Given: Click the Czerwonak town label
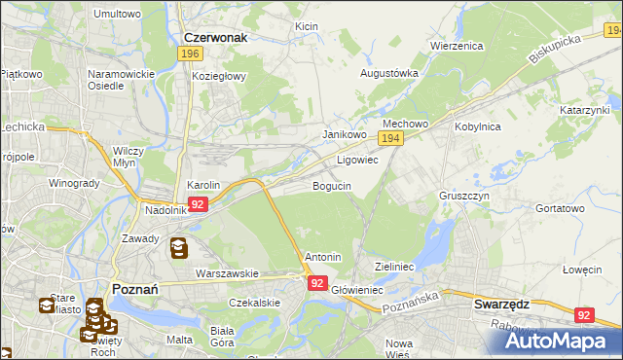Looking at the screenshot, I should (215, 38).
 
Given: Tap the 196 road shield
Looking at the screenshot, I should (191, 54).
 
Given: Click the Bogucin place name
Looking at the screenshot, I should (332, 185).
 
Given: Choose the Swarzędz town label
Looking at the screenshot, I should (502, 304).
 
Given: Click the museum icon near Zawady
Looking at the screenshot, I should (179, 249).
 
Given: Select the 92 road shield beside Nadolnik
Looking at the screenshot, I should (198, 204).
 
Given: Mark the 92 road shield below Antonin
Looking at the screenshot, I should (317, 283).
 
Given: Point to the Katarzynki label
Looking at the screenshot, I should (584, 111).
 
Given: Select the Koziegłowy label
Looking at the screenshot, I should (220, 76).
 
